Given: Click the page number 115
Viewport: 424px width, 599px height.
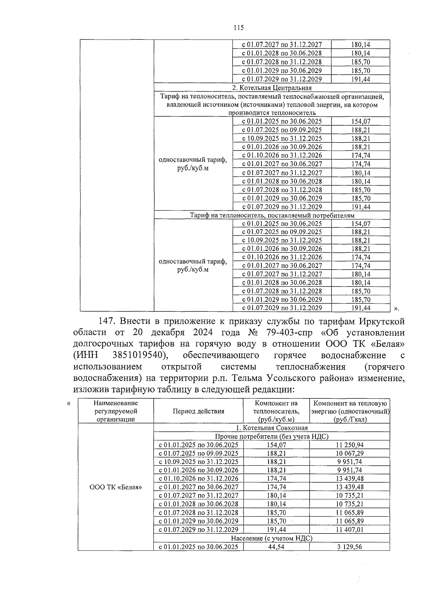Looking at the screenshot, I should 238,28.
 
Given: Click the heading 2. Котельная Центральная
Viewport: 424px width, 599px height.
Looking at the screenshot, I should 272,88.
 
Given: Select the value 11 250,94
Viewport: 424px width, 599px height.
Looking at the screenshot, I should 349,445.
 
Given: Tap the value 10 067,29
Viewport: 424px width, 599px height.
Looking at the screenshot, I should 349,453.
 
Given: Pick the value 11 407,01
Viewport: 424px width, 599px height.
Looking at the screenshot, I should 349,530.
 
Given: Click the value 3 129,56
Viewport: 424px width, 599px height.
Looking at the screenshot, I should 349,547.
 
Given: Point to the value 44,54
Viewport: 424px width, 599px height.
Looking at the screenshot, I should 276,547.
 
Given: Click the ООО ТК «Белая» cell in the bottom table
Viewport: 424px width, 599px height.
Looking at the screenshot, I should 116,487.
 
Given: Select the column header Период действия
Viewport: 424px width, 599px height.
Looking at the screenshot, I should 198,411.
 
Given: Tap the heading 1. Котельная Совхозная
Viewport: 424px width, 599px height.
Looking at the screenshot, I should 272,428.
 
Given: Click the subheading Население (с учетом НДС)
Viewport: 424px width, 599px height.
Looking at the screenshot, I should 272,538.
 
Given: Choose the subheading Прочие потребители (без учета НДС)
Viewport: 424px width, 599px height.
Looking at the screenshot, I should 272,436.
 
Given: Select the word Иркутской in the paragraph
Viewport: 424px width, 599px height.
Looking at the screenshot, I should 382,321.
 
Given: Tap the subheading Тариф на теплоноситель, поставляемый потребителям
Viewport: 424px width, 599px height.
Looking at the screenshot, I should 272,215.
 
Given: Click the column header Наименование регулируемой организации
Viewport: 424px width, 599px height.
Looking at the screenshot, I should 116,411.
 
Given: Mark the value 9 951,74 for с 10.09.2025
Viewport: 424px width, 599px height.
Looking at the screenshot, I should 349,462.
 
